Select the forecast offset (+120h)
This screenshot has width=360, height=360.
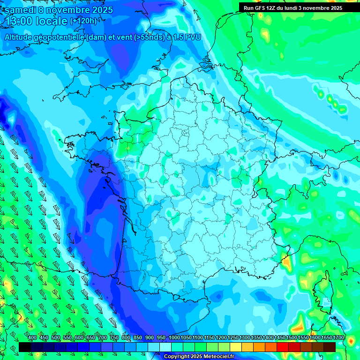tap(83, 21)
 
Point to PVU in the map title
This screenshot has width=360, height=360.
tap(192, 37)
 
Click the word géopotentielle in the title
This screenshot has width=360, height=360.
tap(60, 37)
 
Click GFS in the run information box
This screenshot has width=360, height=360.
tap(262, 8)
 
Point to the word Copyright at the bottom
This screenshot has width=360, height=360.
tap(178, 357)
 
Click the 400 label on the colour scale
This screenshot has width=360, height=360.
tap(32, 338)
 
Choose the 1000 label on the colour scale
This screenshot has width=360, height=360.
tap(174, 338)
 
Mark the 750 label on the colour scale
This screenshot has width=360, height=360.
tap(114, 338)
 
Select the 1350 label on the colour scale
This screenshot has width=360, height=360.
tap(256, 338)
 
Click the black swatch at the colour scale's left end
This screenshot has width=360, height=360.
tap(25, 347)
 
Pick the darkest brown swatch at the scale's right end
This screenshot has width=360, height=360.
tap(330, 347)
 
